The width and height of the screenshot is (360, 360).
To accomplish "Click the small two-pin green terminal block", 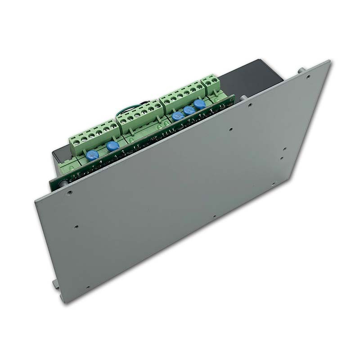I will pos(211,84).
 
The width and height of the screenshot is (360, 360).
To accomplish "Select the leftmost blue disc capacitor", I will pos(92,155).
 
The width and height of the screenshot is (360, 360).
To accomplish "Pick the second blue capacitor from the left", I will pos(113,146).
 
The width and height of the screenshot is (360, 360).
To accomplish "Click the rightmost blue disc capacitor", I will pos(199,104).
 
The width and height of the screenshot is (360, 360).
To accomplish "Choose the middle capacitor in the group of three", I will pos(189,110).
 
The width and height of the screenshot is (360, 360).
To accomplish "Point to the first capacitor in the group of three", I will pos(178,116).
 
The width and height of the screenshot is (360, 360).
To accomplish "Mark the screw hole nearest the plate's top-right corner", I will pos(308,77).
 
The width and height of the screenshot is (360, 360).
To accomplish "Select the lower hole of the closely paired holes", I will pos(281,158).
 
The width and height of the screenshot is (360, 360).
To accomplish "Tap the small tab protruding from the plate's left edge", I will pos(55,283).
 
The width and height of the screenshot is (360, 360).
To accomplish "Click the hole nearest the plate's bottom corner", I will pos(87,287).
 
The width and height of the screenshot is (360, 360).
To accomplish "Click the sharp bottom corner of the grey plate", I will pos(66,302).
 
